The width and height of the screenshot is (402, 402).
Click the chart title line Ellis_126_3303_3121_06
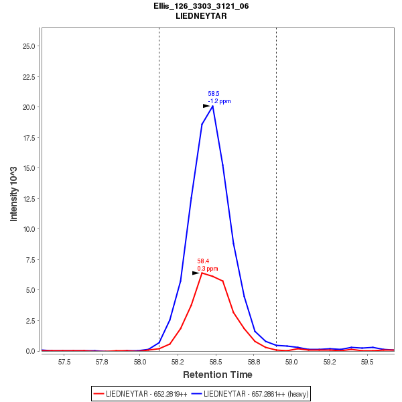click(201, 6)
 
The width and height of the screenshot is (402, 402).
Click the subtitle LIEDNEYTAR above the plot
click(201, 15)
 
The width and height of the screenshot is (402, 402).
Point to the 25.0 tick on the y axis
click(28, 46)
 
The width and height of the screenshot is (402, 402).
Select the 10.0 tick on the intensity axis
click(28, 229)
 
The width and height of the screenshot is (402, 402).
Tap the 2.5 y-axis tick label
click(30, 320)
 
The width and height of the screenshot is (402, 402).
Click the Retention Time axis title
click(218, 375)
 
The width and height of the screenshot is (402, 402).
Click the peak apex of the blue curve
click(212, 106)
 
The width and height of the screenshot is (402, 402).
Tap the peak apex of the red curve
click(202, 273)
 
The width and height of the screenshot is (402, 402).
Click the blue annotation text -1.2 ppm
click(219, 101)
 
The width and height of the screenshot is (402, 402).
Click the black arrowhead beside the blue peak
click(206, 106)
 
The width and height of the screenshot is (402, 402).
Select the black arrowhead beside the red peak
click(196, 273)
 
